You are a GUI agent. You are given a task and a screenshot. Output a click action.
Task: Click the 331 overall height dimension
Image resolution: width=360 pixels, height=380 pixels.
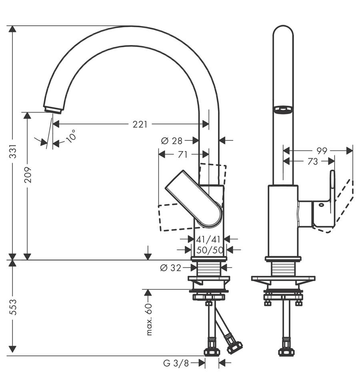tap(12, 151)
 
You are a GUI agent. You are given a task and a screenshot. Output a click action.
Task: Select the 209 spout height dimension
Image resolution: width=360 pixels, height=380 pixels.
tap(28, 175)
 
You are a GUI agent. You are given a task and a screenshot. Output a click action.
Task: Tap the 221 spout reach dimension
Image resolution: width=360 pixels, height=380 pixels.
tap(140, 124)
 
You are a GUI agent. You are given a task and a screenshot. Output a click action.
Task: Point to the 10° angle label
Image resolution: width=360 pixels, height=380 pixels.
tap(71, 136)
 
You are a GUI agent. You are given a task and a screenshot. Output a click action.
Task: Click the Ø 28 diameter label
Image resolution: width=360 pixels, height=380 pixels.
tap(172, 141)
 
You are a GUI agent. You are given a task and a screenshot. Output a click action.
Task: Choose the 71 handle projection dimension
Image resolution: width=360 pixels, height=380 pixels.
tap(182, 155)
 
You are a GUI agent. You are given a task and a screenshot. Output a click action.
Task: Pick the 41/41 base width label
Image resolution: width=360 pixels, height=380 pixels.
tap(208, 239)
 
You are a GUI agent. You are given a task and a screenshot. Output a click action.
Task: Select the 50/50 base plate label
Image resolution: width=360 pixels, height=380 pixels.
tap(210, 250)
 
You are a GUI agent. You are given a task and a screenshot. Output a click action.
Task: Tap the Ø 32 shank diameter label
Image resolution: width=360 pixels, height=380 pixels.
tap(171, 268)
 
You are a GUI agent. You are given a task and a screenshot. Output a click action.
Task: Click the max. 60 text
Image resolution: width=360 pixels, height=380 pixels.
tap(149, 320)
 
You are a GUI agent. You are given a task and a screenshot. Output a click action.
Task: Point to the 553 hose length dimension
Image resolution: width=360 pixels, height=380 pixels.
tap(12, 307)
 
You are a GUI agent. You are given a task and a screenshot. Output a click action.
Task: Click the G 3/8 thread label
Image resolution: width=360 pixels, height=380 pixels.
tap(176, 363)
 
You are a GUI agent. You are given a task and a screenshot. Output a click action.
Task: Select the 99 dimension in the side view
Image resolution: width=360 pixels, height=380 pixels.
tap(322, 151)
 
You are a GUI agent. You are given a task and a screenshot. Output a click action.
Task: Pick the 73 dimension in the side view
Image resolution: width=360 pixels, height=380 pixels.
tap(312, 161)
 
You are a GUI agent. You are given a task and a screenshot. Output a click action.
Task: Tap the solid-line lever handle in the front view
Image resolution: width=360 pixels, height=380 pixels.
tap(194, 199)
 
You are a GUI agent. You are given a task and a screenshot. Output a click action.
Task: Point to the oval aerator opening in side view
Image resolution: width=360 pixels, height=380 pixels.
tap(283, 109)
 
